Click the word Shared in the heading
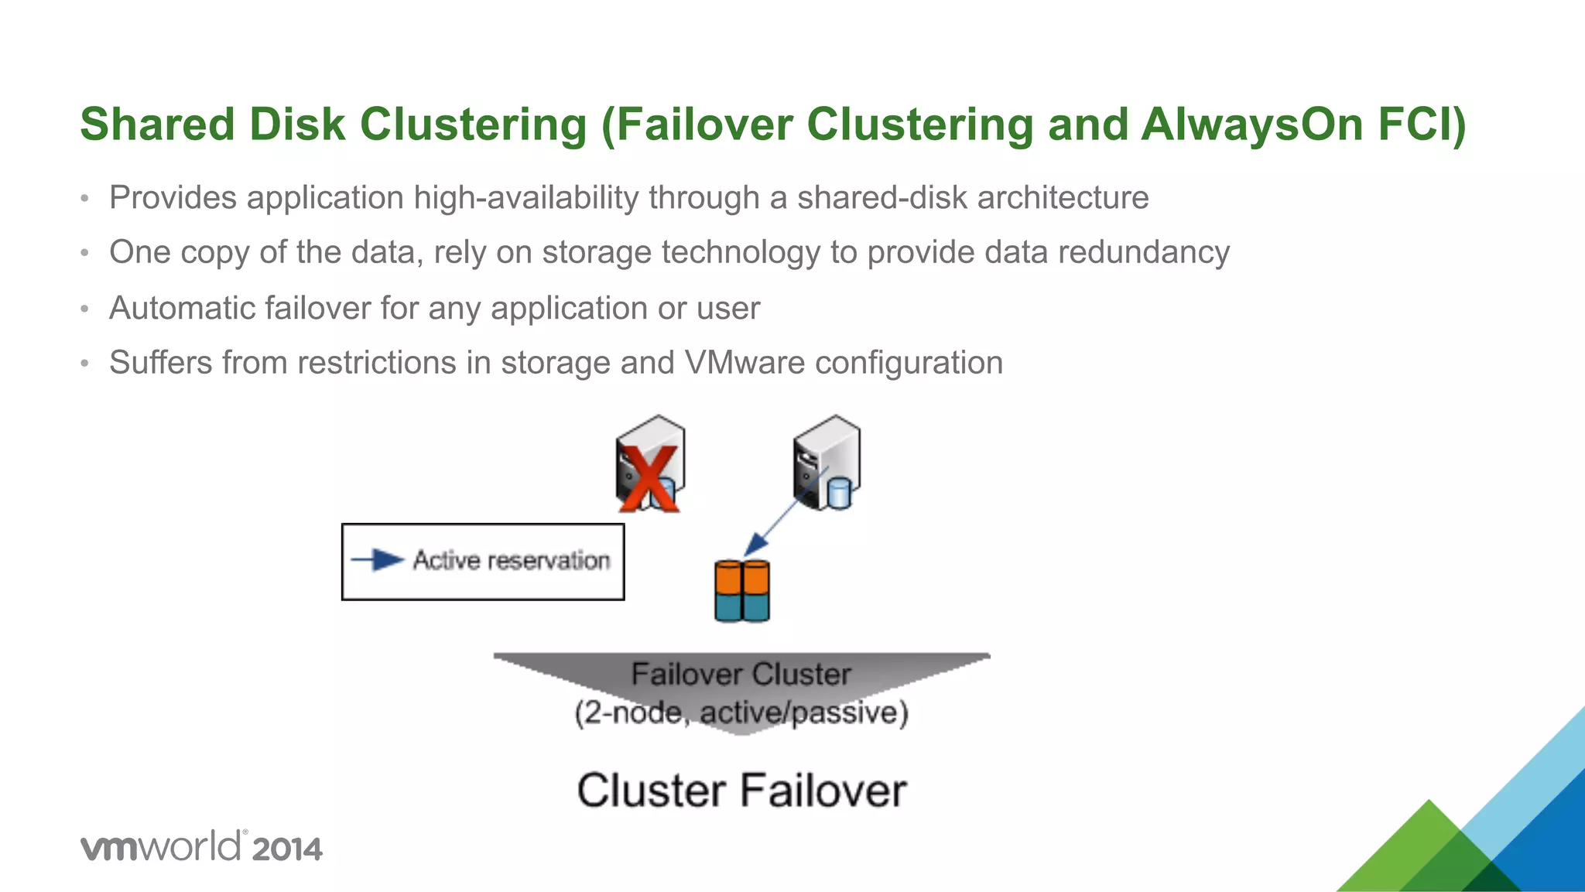point(158,125)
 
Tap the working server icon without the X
point(826,462)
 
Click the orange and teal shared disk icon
point(741,591)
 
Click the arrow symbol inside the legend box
point(378,559)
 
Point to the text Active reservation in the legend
point(511,560)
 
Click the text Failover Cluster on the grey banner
point(741,674)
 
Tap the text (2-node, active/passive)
point(741,713)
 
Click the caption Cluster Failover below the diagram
point(741,791)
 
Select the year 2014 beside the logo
point(286,849)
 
